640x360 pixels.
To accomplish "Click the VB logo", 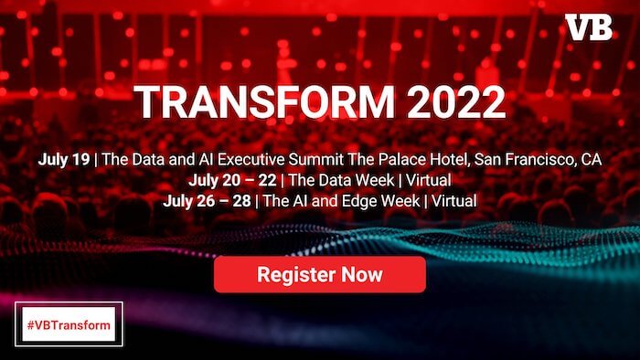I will click(588, 27).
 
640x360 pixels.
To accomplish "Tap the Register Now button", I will click(320, 274).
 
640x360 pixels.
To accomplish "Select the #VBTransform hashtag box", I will click(69, 325).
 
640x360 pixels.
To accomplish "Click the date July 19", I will click(64, 159).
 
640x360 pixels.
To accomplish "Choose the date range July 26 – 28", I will click(206, 199).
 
